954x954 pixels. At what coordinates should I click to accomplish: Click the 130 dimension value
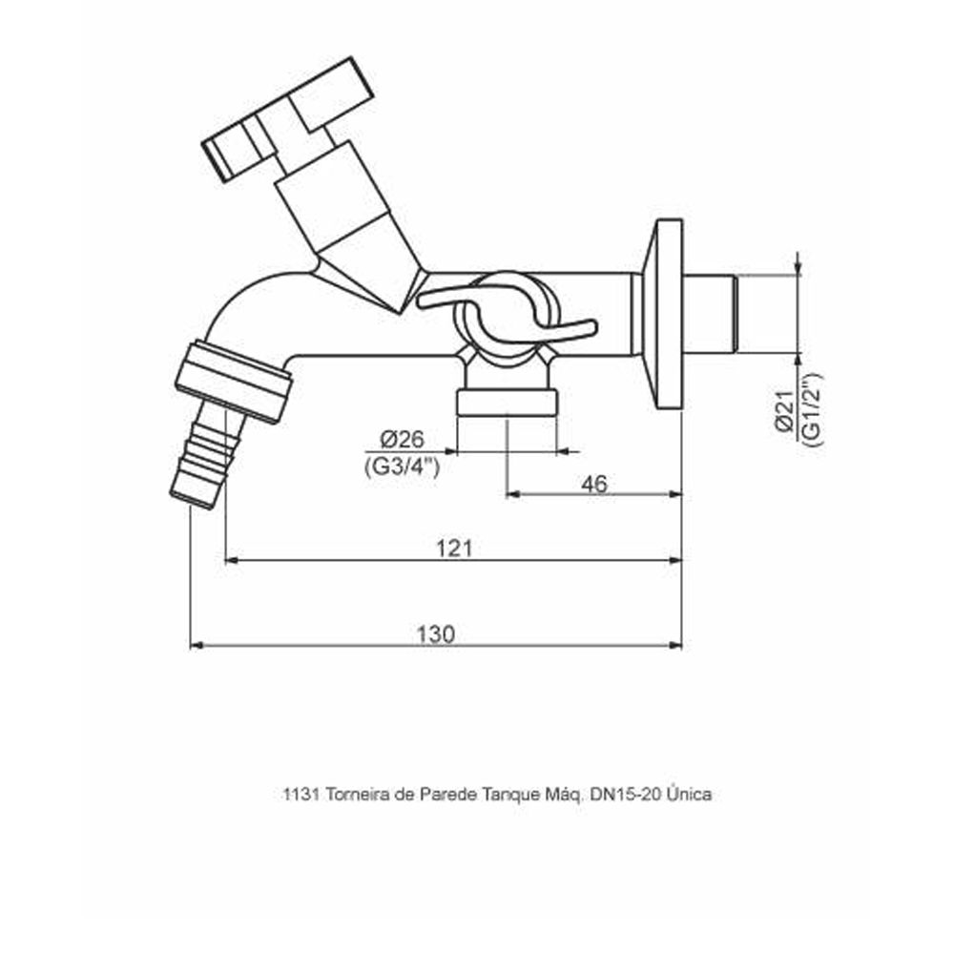(x=436, y=634)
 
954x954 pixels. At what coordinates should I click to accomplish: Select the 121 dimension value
(x=454, y=549)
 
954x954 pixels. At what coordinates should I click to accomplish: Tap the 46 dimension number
(x=593, y=485)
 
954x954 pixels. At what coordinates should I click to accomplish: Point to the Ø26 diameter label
(x=402, y=439)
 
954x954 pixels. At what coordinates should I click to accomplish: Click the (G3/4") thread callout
(x=402, y=467)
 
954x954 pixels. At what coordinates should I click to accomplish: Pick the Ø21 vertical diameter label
(x=785, y=411)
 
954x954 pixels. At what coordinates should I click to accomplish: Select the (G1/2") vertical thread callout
(x=812, y=410)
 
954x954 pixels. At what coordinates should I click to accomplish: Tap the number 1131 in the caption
(x=301, y=795)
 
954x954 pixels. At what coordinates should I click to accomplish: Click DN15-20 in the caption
(x=627, y=795)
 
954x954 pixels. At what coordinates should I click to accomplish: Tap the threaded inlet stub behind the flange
(x=710, y=314)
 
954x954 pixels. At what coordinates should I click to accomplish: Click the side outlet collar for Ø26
(x=507, y=404)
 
